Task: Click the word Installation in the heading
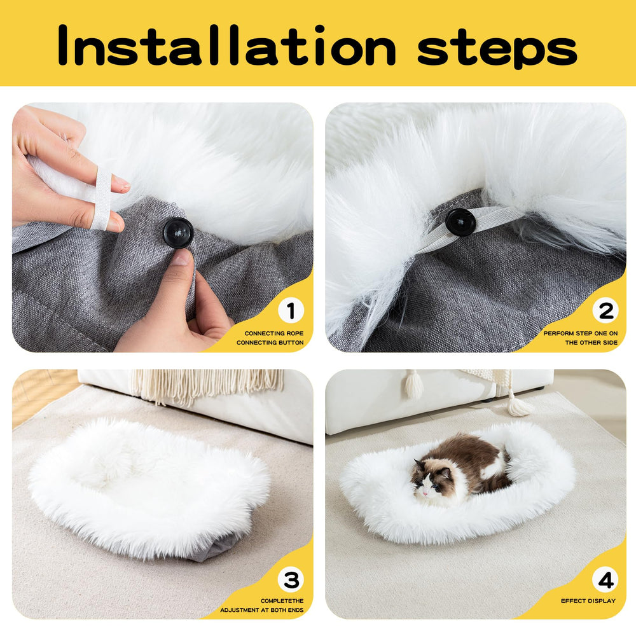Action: click(226, 46)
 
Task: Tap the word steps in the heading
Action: click(497, 46)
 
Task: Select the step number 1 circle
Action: click(291, 311)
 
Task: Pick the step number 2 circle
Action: click(605, 311)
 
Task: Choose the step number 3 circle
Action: click(291, 579)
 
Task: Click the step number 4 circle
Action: click(605, 579)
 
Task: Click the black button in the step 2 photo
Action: click(460, 222)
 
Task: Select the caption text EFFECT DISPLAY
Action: click(588, 601)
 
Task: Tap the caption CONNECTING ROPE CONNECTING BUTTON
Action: click(273, 338)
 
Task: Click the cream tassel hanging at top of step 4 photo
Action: click(414, 385)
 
